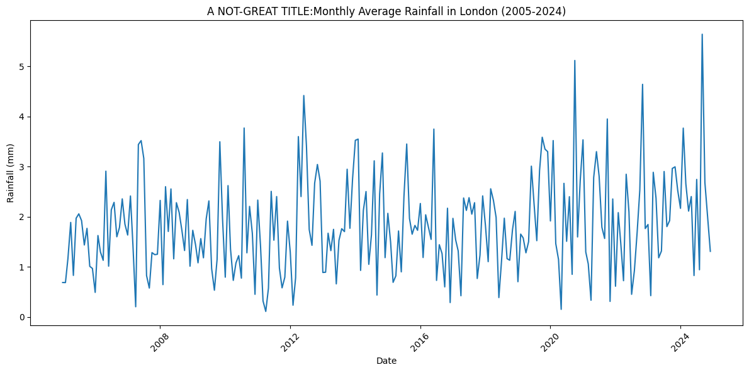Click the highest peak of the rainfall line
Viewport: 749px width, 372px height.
[x=702, y=34]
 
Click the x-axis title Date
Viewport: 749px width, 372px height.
[x=386, y=361]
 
